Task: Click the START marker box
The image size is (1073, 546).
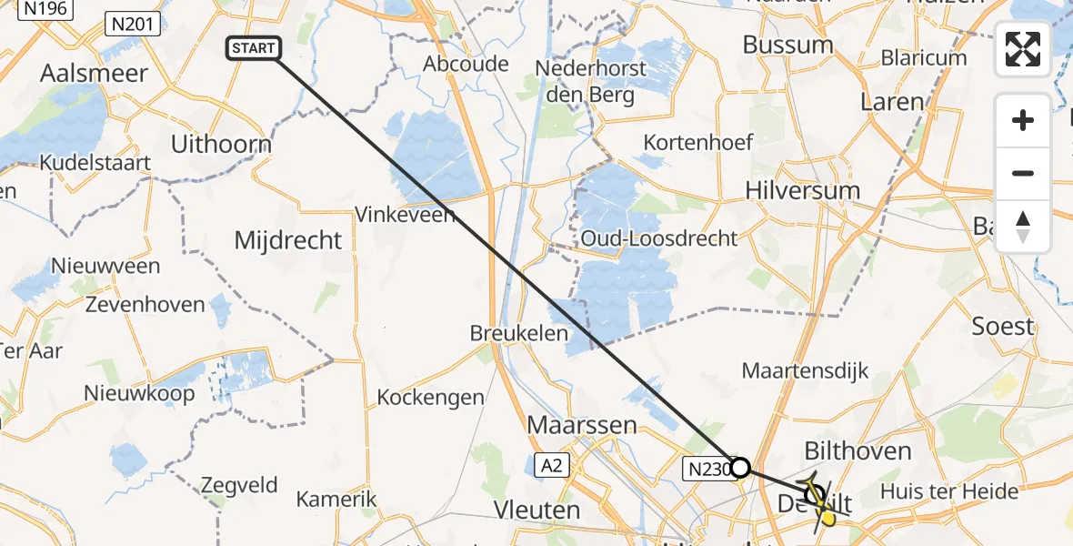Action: coord(253,48)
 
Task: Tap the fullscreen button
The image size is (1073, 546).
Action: coord(1023,49)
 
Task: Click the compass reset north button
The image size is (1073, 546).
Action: coord(1023,227)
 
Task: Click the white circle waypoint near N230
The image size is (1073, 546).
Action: coord(740,468)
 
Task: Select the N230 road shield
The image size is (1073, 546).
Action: coord(706,469)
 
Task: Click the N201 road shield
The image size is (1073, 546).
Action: coord(128,22)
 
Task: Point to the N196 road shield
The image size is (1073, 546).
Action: coord(45,7)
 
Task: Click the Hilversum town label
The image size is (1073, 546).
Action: coord(802,191)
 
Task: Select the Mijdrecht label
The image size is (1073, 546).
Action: coord(288,240)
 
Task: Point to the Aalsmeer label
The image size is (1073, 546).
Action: coord(94,74)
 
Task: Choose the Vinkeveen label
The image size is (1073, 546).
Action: coord(405,215)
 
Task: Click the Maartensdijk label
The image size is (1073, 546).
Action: coord(805,370)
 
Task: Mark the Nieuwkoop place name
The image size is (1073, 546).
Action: coord(139,394)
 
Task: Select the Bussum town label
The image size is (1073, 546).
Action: coord(787,45)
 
